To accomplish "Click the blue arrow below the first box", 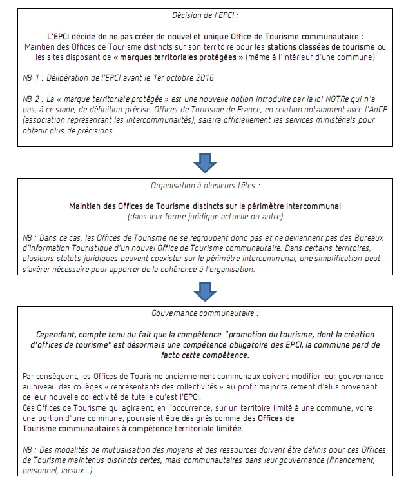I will click(x=204, y=162).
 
